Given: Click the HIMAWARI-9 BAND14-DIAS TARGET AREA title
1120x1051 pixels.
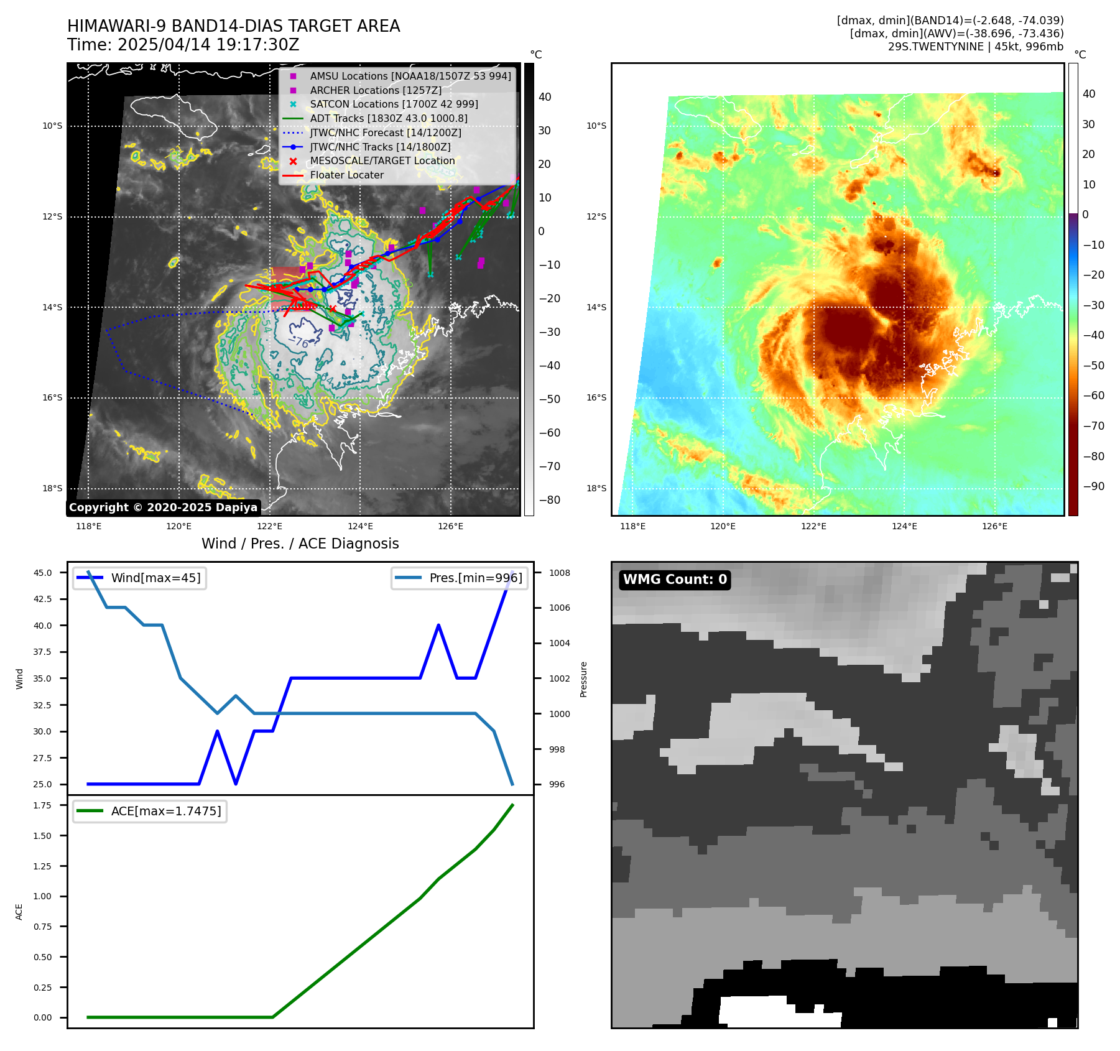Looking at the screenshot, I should point(233,26).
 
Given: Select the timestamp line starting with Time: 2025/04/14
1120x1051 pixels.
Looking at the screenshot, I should point(183,45).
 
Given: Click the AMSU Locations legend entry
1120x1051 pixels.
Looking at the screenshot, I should point(410,76).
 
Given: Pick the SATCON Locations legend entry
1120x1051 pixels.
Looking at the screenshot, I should point(394,104).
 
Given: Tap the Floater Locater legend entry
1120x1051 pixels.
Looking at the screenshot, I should point(346,175).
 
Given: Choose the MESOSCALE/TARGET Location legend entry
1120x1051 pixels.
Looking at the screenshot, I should point(382,160).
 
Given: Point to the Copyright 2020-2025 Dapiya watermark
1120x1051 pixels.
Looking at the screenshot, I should point(163,507).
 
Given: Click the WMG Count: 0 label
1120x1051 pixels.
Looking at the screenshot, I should point(675,580).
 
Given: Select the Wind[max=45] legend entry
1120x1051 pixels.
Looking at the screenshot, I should point(155,578).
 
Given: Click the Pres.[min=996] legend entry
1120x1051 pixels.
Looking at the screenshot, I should point(476,578).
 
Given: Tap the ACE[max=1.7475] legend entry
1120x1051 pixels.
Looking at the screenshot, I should point(165,811).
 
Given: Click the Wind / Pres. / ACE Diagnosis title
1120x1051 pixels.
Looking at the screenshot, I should point(300,544).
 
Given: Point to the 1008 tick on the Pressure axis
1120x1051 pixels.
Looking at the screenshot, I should point(559,573).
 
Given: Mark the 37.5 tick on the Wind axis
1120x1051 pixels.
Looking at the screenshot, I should point(43,652).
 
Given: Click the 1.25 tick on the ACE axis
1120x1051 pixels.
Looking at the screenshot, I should point(43,866).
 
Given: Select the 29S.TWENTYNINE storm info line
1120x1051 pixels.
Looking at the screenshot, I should point(975,47).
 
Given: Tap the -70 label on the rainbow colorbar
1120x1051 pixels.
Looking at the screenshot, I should point(1093,426).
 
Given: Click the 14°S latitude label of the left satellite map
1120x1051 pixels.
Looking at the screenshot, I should point(52,307).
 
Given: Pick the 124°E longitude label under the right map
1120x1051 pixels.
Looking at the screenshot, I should point(904,526).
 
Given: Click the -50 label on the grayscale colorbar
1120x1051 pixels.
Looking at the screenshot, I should point(549,399).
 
